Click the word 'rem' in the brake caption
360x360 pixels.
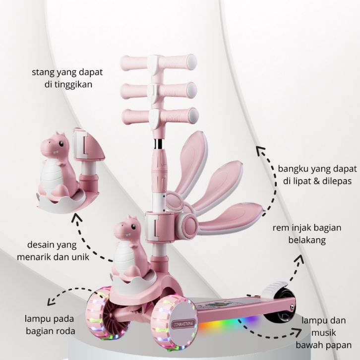coord(280,228)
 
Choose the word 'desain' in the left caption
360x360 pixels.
coord(42,244)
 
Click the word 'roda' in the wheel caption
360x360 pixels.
coord(65,331)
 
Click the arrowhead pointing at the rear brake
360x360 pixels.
coord(302,257)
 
